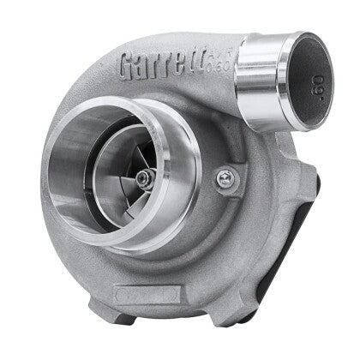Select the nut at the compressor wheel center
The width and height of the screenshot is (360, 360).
coord(152,177)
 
